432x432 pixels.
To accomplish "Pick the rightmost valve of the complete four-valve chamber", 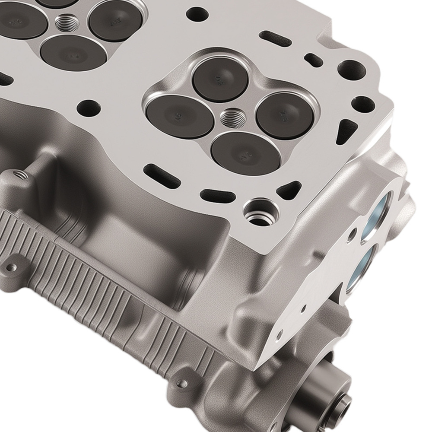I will pos(284,115).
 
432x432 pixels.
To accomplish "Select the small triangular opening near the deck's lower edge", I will pos(289,190).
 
